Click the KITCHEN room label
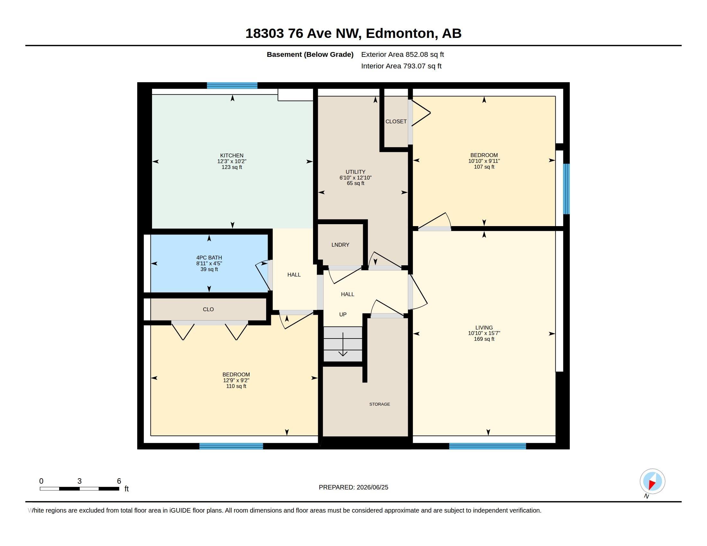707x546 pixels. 232,155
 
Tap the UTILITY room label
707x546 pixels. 355,172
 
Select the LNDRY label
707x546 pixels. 340,245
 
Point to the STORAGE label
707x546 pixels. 380,404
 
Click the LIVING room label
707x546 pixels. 484,328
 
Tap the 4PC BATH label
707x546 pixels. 209,258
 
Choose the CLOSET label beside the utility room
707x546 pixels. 396,122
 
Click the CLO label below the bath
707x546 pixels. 208,310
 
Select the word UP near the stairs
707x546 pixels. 343,314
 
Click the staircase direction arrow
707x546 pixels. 343,344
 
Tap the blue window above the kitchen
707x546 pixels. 232,86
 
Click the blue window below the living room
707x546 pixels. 488,446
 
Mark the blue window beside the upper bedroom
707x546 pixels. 566,189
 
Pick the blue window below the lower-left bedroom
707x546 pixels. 231,446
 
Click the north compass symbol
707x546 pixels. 652,482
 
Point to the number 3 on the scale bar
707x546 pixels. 79,481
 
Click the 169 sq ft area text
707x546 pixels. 484,339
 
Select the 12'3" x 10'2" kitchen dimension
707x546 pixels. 232,162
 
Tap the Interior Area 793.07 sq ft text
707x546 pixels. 401,66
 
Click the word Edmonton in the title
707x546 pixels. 400,33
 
